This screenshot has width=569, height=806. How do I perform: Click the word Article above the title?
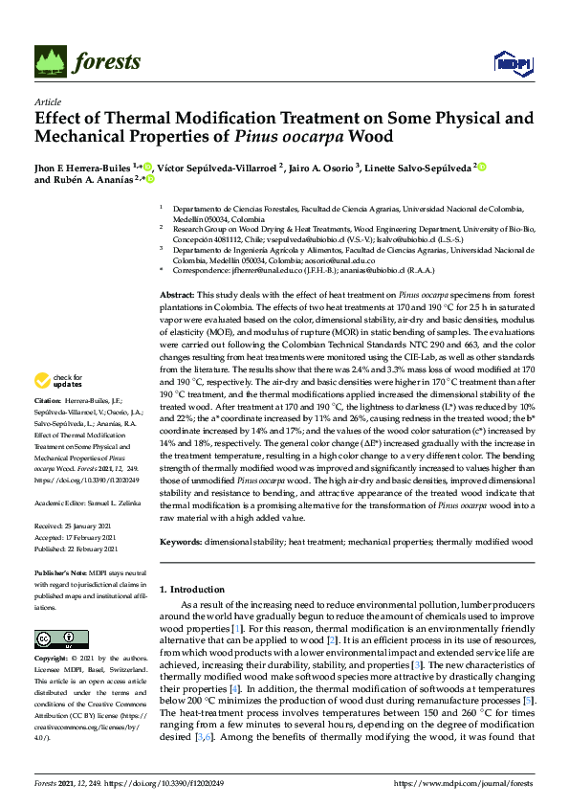(47, 101)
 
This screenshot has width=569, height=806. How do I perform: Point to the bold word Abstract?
(177, 268)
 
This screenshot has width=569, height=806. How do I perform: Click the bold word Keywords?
(183, 542)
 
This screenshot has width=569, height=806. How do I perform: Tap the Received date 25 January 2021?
(77, 526)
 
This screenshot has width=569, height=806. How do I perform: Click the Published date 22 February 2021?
(78, 549)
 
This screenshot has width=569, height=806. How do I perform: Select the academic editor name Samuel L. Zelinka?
(108, 502)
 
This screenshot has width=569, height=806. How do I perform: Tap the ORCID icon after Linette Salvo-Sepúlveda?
(483, 167)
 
